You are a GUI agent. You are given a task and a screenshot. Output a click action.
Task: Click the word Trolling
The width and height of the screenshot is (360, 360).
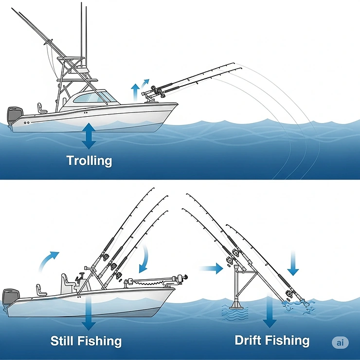(89, 161)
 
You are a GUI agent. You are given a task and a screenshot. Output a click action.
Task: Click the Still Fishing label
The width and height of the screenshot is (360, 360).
(86, 341)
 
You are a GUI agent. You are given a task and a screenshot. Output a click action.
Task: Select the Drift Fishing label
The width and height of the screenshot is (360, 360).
(272, 340)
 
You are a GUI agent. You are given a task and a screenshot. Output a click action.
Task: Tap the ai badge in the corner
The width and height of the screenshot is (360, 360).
(341, 342)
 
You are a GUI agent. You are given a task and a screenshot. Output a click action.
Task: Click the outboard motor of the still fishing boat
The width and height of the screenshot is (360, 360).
(11, 297)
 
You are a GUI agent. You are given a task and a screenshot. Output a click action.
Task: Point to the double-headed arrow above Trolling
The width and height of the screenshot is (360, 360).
(89, 136)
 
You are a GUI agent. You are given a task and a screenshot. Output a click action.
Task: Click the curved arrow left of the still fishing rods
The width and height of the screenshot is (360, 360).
(49, 261)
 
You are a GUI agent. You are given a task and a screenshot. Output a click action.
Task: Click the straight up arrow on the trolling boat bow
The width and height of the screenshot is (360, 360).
(136, 90)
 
